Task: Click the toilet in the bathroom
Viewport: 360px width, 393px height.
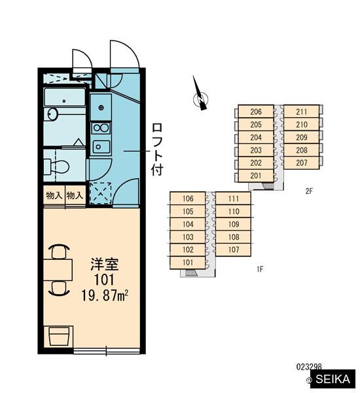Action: (57, 166)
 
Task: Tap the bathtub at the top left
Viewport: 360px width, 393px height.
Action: (65, 97)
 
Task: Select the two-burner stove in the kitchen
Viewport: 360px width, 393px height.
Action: (101, 128)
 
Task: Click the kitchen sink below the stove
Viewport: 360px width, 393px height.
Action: (101, 147)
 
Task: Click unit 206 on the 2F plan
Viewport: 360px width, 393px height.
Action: (256, 111)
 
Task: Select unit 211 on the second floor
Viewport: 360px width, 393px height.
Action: (302, 111)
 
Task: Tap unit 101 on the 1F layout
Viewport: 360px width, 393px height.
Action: (188, 263)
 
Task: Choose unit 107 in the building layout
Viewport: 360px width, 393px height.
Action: (234, 250)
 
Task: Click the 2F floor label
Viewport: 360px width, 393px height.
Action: (309, 191)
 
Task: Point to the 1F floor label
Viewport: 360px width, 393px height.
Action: (260, 269)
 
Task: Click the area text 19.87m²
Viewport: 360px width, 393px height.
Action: (105, 295)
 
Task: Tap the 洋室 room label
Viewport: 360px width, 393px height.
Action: (104, 264)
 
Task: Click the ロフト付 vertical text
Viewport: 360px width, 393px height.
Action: (157, 149)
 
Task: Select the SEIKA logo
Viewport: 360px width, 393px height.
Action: (333, 379)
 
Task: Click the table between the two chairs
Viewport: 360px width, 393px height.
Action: (58, 270)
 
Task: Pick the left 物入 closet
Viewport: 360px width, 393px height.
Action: (54, 195)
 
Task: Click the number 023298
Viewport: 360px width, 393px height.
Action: (309, 367)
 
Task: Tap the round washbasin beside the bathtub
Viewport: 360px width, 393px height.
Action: (53, 114)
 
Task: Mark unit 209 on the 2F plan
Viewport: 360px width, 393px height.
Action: (302, 137)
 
